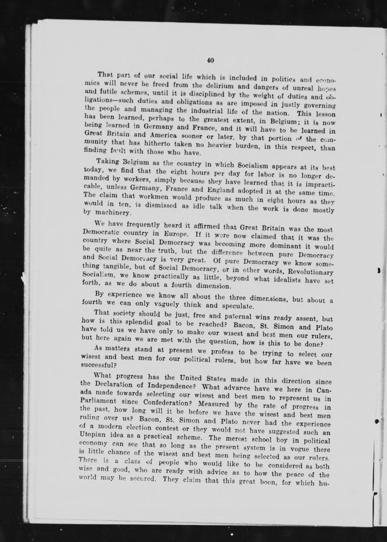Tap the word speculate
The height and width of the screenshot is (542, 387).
click(x=235, y=306)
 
